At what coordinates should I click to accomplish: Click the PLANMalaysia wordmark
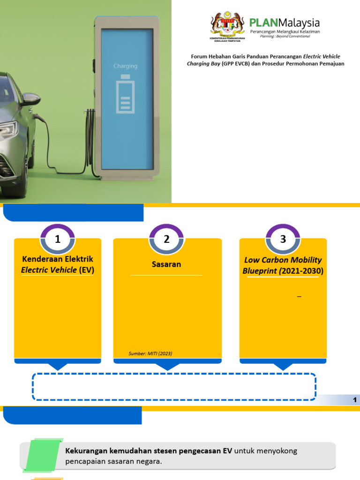pos(285,22)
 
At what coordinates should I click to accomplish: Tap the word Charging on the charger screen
pos(126,66)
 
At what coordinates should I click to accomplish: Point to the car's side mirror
pos(31,99)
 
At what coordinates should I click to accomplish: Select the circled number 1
pos(58,240)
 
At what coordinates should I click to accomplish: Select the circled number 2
pos(166,240)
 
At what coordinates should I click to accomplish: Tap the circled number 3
pos(283,240)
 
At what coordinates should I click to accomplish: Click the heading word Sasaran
pos(166,264)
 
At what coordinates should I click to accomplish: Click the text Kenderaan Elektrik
pos(58,259)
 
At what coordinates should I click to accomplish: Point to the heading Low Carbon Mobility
pos(283,260)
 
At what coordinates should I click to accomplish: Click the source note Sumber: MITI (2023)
pos(150,353)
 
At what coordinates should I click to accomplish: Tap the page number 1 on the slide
pos(355,400)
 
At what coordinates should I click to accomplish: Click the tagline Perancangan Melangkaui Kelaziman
pos(285,31)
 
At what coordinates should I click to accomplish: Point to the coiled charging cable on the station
pos(89,141)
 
